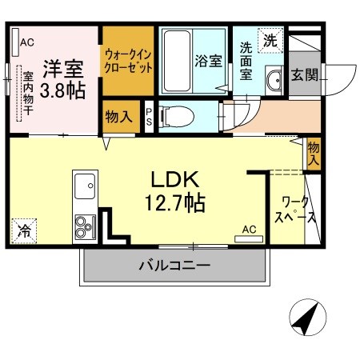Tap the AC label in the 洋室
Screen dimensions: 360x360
pyautogui.click(x=26, y=42)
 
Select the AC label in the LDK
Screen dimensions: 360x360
pyautogui.click(x=249, y=230)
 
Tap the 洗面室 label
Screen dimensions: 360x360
pyautogui.click(x=247, y=62)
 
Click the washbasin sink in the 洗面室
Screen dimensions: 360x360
pyautogui.click(x=274, y=81)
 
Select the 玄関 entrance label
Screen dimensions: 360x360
pyautogui.click(x=304, y=75)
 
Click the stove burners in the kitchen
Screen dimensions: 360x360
pyautogui.click(x=83, y=224)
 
